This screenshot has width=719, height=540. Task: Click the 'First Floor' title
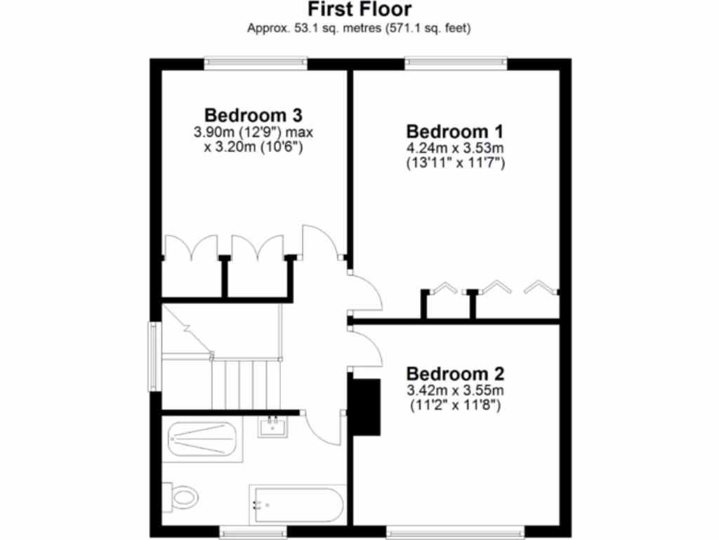359,10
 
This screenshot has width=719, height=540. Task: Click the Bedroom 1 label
456,131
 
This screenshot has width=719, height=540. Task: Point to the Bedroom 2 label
455,373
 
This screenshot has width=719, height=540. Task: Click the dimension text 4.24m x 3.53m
456,148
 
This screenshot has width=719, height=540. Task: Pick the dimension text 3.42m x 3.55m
455,390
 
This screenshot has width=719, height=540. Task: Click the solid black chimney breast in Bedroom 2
366,406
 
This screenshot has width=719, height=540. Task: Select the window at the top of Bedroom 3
256,63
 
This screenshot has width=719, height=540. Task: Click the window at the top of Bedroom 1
456,63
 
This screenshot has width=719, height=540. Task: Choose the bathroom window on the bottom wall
252,531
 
